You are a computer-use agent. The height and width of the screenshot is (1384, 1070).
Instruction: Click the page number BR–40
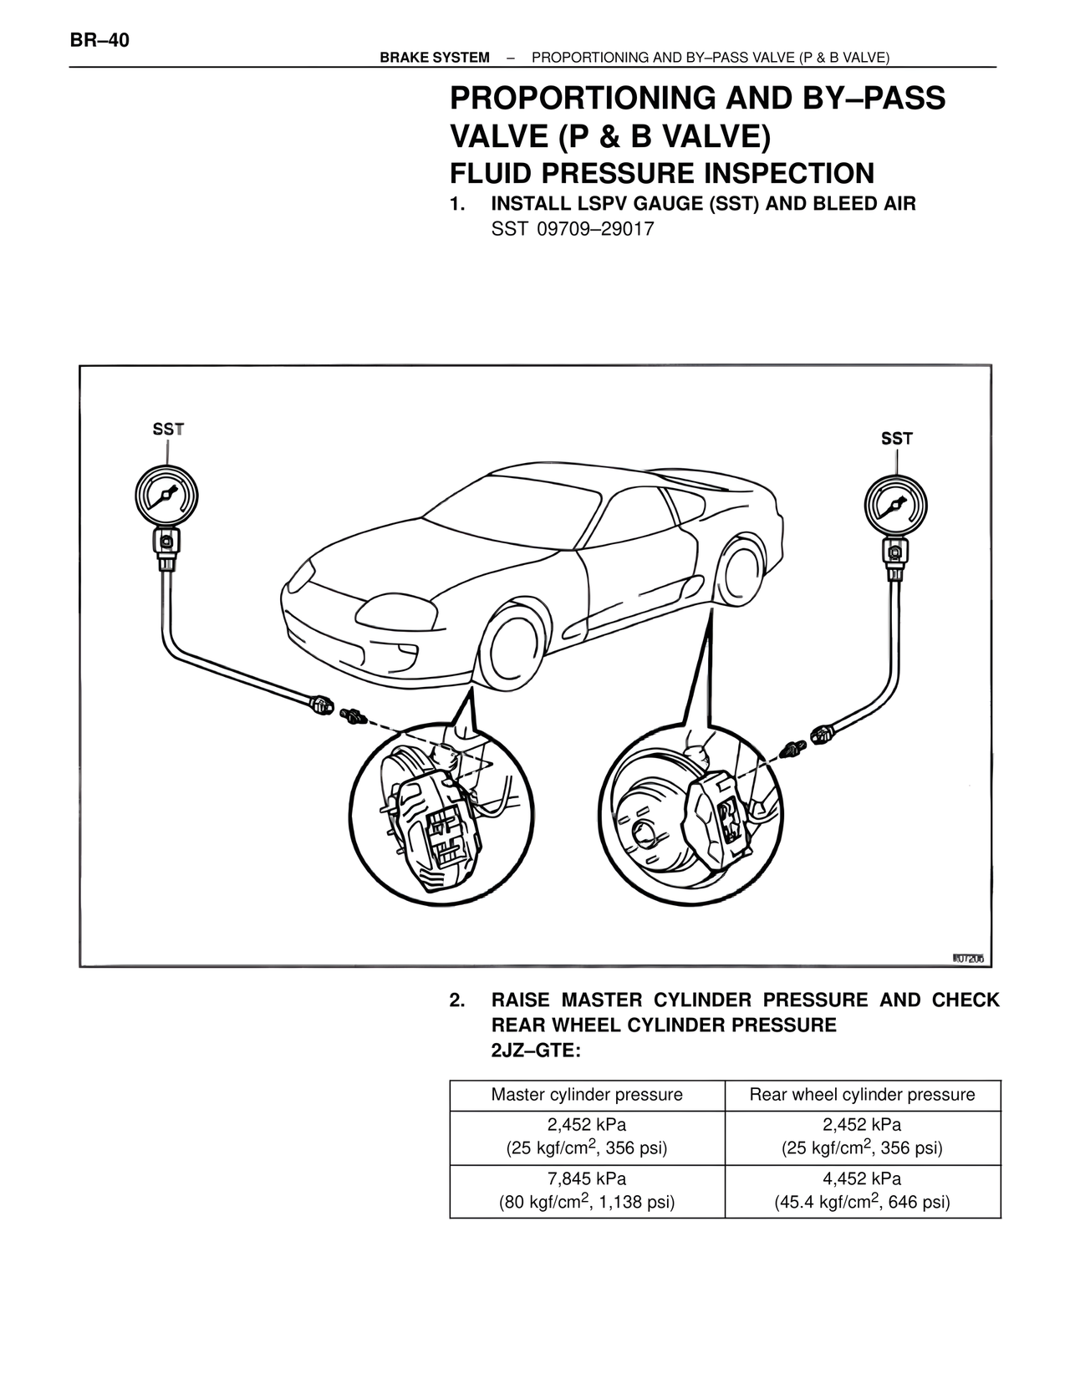[99, 39]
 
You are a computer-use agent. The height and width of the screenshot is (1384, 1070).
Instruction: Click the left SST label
[168, 430]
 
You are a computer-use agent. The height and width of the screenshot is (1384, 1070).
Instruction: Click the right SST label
[897, 438]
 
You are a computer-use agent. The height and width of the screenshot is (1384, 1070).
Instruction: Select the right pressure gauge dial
[895, 506]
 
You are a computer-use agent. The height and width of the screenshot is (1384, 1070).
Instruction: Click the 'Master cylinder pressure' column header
[587, 1095]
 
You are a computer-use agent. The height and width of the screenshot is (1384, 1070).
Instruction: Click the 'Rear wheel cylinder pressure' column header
[862, 1095]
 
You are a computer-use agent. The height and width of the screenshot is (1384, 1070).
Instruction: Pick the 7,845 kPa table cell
[587, 1191]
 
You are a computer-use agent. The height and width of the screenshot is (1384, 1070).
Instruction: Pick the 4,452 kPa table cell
[862, 1191]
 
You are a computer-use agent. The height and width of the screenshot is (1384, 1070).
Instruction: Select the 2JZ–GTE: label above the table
[535, 1051]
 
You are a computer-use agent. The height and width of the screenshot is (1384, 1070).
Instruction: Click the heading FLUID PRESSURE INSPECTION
[662, 174]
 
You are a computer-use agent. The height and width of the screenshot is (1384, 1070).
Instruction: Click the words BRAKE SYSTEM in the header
[435, 58]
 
